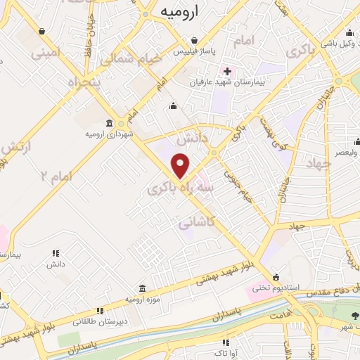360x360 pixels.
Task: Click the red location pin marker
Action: pos(181,166)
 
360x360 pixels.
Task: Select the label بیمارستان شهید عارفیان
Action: pos(227,83)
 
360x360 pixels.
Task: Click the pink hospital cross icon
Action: pos(227,71)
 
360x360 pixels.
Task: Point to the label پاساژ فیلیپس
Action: pos(194,53)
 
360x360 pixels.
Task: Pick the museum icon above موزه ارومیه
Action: pos(143,288)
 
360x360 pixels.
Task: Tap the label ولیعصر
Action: pos(345,151)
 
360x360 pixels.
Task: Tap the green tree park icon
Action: pos(355,316)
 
